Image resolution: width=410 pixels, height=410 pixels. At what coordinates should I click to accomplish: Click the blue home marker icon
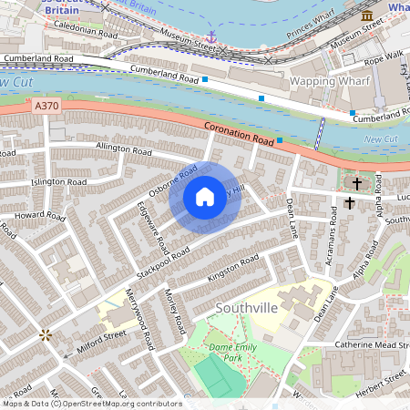click(x=205, y=196)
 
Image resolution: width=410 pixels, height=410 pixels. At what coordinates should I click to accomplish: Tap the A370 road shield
click(x=46, y=107)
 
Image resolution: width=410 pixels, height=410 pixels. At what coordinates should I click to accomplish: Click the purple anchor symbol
click(x=210, y=37)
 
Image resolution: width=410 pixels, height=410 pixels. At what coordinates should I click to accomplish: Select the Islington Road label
click(x=58, y=182)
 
